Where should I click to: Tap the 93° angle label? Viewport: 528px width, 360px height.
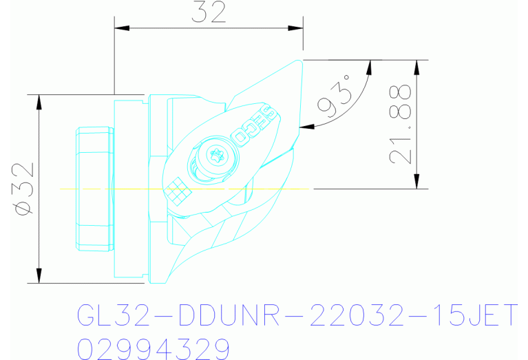pyautogui.click(x=336, y=98)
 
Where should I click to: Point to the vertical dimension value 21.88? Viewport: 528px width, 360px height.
pyautogui.click(x=401, y=124)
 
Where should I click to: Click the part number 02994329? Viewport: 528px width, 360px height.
pyautogui.click(x=153, y=349)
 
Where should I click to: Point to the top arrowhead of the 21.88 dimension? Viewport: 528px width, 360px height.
pyautogui.click(x=416, y=66)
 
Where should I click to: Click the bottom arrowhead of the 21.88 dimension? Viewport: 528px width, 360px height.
pyautogui.click(x=416, y=182)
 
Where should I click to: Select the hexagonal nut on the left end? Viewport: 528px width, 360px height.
pyautogui.click(x=94, y=188)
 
